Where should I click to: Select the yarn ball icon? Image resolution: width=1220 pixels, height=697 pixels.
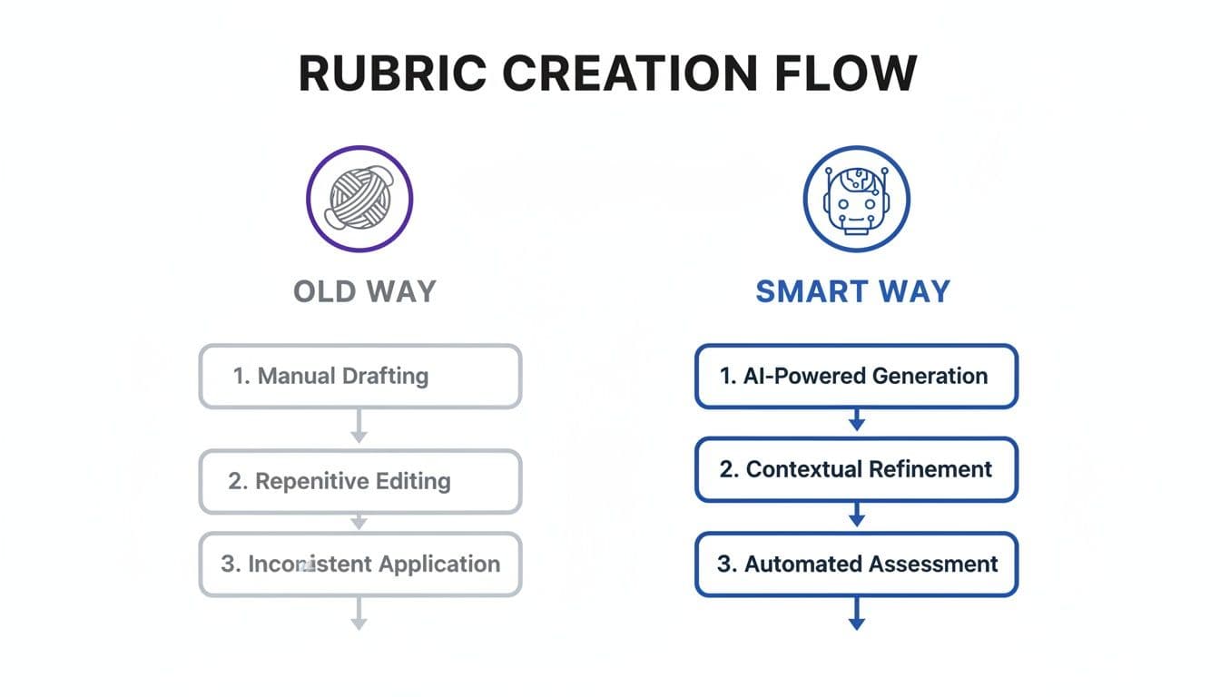[359, 197]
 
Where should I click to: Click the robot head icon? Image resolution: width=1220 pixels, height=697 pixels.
[856, 197]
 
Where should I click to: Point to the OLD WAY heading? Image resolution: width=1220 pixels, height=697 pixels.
[365, 291]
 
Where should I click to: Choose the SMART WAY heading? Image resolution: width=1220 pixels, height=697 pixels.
[852, 291]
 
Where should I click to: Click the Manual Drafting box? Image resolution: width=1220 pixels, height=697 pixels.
[359, 376]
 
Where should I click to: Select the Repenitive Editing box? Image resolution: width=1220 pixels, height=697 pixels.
[359, 481]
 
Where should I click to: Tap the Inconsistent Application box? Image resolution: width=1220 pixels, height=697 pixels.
[359, 564]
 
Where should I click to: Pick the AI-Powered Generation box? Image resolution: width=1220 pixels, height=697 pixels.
[856, 376]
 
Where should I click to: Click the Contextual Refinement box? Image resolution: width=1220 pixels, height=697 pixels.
[856, 469]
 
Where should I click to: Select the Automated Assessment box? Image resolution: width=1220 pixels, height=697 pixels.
[856, 564]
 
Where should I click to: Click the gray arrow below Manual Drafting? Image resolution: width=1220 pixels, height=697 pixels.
[359, 427]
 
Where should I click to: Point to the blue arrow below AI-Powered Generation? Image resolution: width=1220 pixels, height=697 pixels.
[856, 420]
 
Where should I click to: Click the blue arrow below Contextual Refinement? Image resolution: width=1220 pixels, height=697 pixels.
[856, 516]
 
